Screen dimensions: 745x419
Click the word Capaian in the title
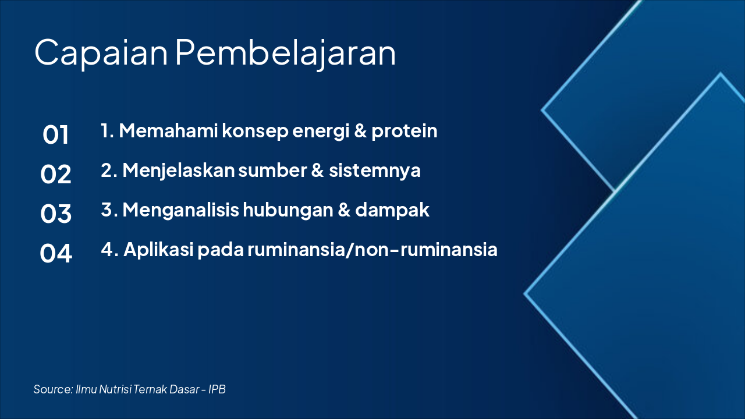(101, 53)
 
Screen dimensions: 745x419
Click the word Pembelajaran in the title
(285, 53)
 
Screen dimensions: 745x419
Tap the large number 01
(55, 134)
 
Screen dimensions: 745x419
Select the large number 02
(55, 174)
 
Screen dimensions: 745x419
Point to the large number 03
(55, 214)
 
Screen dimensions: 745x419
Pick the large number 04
(55, 253)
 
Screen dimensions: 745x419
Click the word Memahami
(168, 130)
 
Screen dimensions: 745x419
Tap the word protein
(404, 131)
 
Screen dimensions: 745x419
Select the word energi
(321, 132)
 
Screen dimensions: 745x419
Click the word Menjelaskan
(179, 171)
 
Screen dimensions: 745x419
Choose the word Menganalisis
(180, 211)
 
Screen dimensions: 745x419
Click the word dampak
(392, 211)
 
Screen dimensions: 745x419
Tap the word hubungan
(288, 211)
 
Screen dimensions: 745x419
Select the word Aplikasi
(158, 250)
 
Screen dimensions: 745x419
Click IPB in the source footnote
(217, 389)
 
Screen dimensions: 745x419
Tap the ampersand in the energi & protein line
(360, 130)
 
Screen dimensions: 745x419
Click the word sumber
(272, 171)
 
